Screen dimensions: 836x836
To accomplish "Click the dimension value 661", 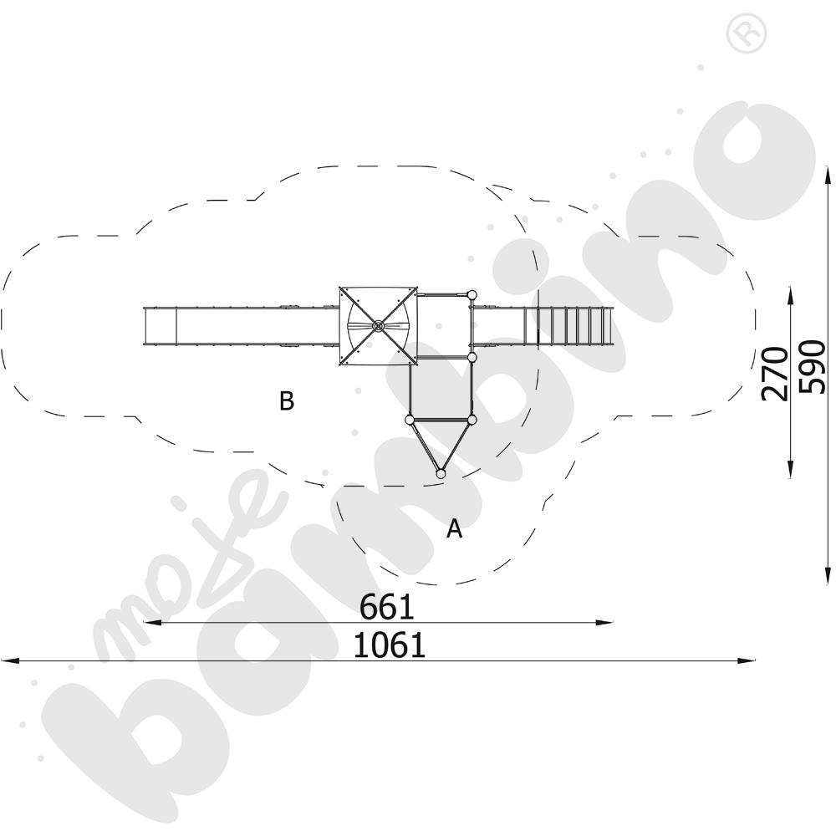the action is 387,606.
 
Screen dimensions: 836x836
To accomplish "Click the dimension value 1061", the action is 390,645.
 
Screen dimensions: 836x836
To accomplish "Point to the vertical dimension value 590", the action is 813,367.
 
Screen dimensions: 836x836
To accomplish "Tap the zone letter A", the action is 454,528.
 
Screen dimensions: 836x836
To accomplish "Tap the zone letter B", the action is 287,400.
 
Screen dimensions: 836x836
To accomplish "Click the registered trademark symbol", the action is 747,33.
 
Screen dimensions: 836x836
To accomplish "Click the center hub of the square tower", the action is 378,326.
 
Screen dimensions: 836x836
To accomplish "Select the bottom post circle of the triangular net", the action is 441,473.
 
